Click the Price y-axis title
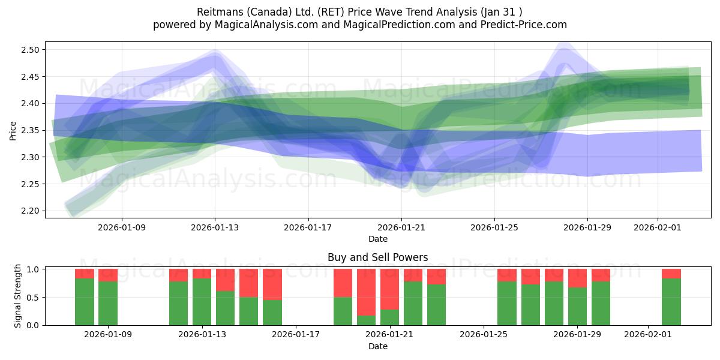pos(13,130)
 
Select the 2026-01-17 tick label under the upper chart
pos(308,227)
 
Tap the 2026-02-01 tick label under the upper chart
pos(658,227)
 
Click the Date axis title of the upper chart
pos(378,239)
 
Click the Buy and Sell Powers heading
pos(378,257)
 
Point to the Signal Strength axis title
pos(18,296)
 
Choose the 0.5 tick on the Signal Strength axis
pos(34,297)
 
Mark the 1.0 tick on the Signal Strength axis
pos(34,269)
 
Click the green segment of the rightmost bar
pos(671,302)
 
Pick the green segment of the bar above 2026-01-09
pos(108,303)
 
